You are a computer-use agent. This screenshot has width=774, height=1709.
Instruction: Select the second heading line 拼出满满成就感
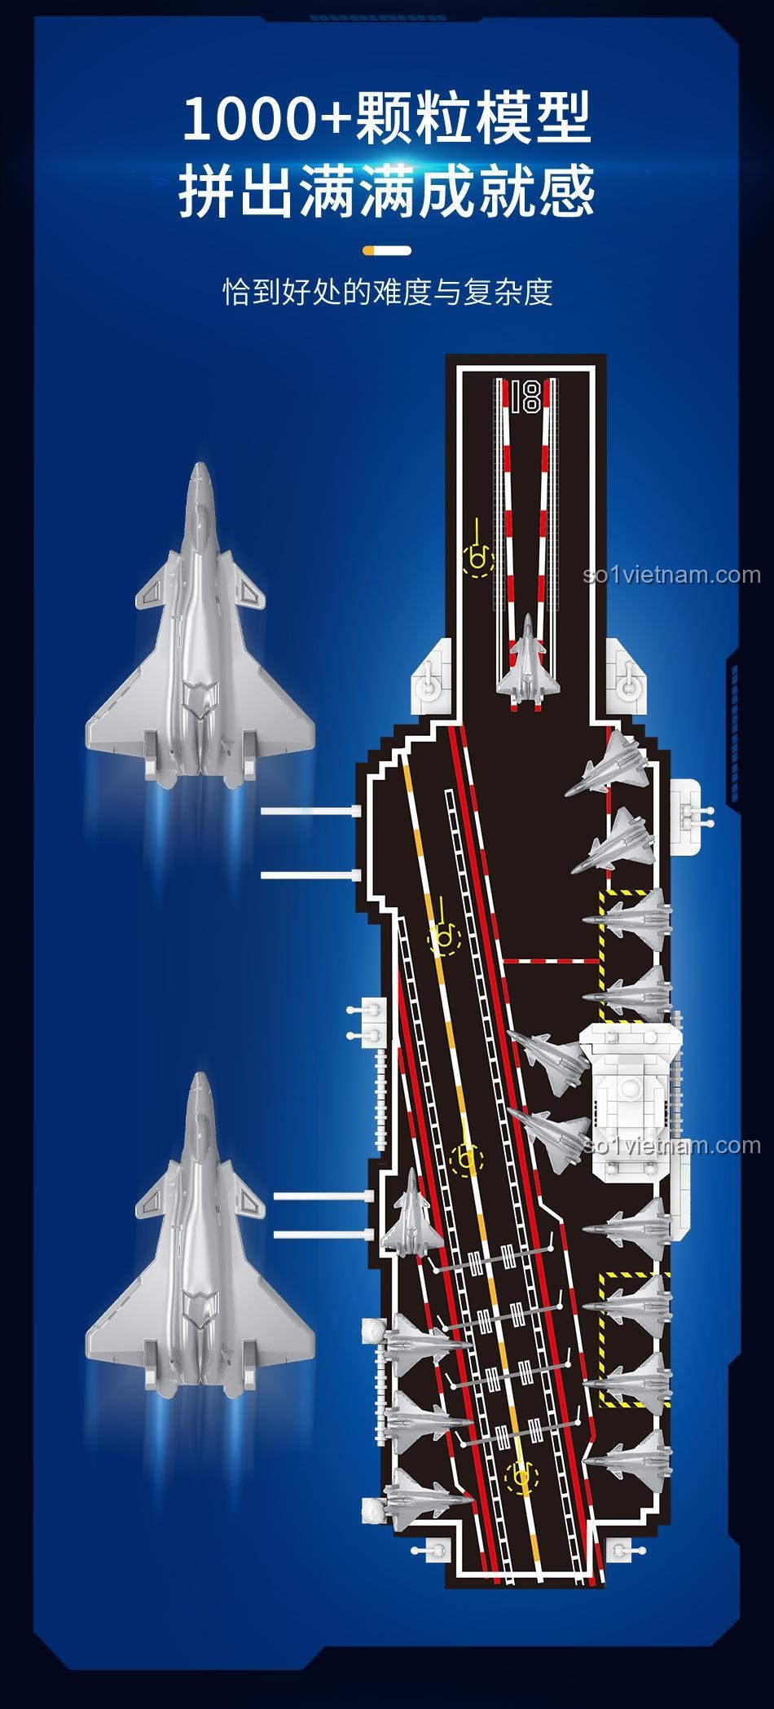[x=387, y=191]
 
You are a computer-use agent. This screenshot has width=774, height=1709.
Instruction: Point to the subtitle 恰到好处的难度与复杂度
[x=388, y=291]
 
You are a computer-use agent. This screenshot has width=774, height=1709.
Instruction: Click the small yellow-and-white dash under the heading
[x=387, y=250]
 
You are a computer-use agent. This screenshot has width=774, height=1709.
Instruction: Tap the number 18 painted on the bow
[x=526, y=396]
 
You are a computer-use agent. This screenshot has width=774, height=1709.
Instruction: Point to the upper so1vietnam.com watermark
[x=672, y=575]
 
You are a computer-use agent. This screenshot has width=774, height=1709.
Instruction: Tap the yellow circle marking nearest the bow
[x=478, y=558]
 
